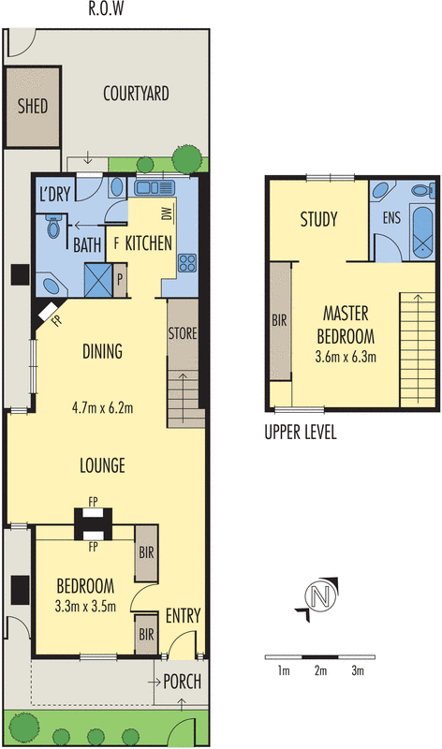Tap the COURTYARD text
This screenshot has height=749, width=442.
(136, 93)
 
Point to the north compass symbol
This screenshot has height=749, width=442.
(320, 595)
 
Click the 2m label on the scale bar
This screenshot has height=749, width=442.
(320, 671)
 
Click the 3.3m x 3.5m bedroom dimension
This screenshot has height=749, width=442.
(85, 605)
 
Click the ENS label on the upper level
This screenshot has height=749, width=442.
(391, 220)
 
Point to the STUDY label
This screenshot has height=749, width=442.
(318, 220)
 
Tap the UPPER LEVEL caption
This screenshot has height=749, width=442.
(301, 433)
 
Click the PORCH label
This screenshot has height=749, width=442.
(182, 682)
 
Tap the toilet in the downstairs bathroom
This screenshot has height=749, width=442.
(53, 228)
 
